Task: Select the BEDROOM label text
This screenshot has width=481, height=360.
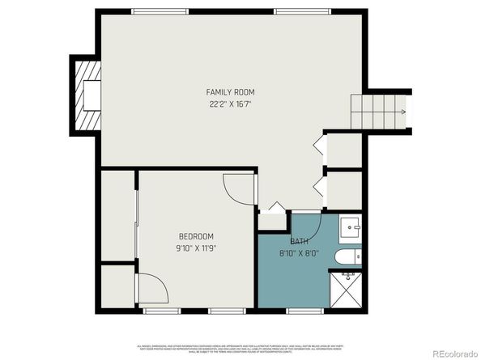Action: [x=197, y=236]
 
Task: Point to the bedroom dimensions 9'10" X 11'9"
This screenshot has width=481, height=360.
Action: [x=197, y=248]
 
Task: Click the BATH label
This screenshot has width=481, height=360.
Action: [x=299, y=242]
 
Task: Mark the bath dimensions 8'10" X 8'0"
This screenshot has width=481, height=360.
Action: [x=300, y=252]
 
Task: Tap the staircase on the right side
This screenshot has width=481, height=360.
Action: [x=377, y=110]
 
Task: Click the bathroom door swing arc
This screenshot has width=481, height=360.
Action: [x=311, y=224]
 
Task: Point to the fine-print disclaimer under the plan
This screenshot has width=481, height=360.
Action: [x=240, y=345]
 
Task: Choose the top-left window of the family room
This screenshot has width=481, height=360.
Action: [x=155, y=11]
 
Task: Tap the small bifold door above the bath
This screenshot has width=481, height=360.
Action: [x=276, y=208]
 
